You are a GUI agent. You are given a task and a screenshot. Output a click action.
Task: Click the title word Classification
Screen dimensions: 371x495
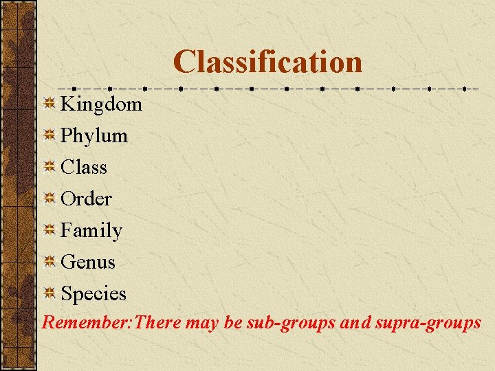click(267, 61)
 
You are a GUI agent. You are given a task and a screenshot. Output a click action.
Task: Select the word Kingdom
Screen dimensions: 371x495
click(101, 104)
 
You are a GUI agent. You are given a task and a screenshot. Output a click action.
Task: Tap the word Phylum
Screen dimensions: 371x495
click(94, 135)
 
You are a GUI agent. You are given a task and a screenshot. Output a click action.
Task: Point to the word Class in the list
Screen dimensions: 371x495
click(84, 167)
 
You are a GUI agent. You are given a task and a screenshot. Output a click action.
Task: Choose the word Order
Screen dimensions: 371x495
click(86, 199)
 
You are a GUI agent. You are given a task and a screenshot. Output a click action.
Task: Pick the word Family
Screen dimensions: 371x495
click(91, 230)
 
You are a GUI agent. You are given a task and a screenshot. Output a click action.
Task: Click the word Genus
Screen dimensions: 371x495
click(88, 262)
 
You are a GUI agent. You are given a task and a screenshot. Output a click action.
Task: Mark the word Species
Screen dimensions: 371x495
click(93, 293)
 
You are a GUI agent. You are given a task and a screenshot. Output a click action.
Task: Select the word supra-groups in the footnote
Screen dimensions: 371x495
click(427, 322)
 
